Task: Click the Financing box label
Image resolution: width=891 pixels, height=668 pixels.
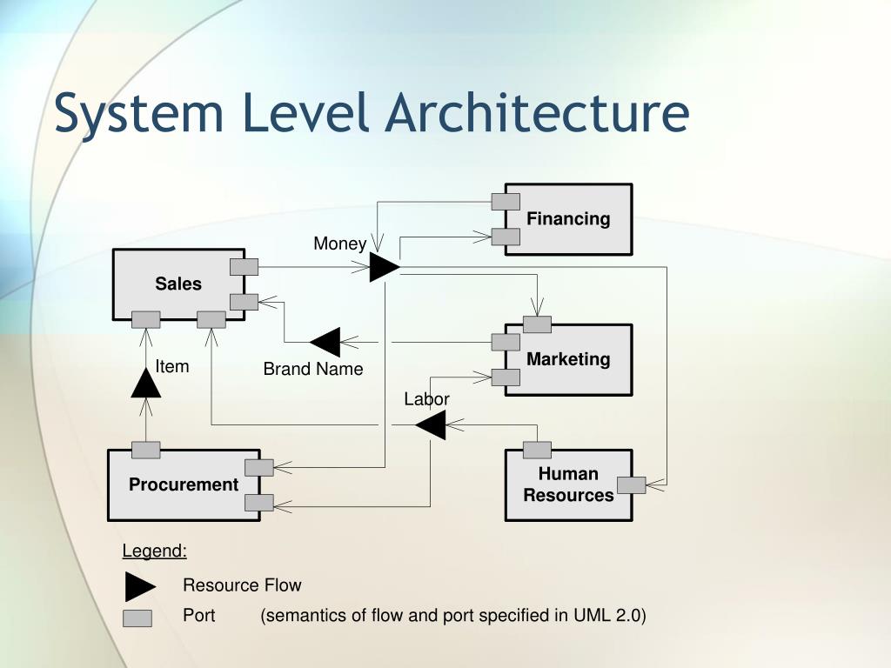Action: (x=568, y=218)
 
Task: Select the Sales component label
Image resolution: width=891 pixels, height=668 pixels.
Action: (x=178, y=284)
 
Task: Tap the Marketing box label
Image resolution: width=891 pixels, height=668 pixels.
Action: (x=568, y=358)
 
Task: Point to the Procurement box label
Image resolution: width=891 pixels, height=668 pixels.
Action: (x=184, y=484)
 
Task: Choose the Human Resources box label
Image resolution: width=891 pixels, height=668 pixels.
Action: (x=568, y=484)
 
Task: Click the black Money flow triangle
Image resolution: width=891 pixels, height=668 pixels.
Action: (x=383, y=266)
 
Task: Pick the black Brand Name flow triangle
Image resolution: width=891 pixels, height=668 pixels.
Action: (x=326, y=342)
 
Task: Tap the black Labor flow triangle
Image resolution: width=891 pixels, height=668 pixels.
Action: (x=432, y=425)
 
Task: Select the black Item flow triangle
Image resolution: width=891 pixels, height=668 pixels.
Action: (x=146, y=383)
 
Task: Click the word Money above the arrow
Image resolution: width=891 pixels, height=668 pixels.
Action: (x=339, y=244)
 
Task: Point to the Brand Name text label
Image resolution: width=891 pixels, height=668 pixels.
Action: (x=313, y=369)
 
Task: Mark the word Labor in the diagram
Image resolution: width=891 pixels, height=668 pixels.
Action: (x=426, y=399)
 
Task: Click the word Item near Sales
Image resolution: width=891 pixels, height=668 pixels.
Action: (x=172, y=366)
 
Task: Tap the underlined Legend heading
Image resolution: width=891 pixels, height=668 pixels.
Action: (x=154, y=551)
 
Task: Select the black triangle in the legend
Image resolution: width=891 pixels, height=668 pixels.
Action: (x=139, y=586)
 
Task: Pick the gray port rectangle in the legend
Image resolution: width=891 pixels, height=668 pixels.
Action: (x=137, y=618)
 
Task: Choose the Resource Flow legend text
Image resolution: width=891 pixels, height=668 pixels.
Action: (x=242, y=585)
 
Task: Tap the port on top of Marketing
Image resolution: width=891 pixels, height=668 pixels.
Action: (x=537, y=324)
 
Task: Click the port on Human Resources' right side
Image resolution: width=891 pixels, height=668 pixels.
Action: (x=631, y=485)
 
